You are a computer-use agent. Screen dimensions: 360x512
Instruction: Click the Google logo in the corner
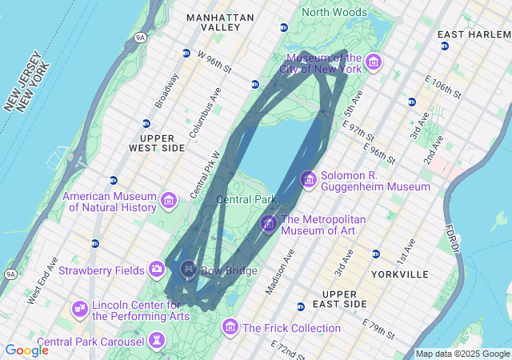(26, 350)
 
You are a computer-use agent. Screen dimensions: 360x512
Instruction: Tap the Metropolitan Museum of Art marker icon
(269, 225)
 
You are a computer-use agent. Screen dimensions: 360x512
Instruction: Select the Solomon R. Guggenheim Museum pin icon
(309, 181)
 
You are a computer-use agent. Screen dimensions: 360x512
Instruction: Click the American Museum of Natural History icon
(169, 201)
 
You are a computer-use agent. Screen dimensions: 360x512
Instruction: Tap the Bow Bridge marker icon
(189, 270)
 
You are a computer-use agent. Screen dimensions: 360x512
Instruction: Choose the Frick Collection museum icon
(230, 327)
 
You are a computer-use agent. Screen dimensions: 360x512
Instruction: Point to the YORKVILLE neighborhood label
(400, 274)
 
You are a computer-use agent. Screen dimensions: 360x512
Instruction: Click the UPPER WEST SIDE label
(157, 143)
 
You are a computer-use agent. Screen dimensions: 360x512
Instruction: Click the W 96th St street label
(214, 62)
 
